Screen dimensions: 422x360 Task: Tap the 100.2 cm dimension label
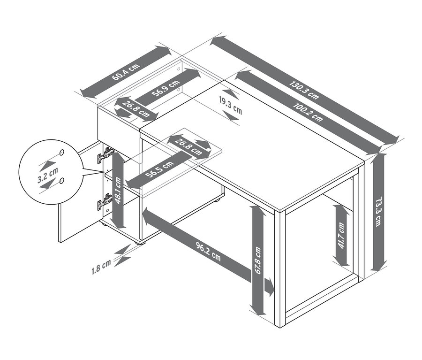click(308, 112)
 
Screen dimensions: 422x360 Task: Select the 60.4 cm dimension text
click(126, 72)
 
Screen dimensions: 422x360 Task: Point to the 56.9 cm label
click(166, 88)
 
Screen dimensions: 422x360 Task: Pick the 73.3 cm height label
click(378, 211)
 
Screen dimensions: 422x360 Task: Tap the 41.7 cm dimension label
click(341, 235)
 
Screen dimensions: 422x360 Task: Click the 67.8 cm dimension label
click(258, 260)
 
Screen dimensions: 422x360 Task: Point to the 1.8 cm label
click(101, 266)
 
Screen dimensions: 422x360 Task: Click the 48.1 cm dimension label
click(118, 190)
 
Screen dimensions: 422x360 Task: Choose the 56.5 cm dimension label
click(159, 169)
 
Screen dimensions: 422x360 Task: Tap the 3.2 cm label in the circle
click(48, 175)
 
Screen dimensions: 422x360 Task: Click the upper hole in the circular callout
click(61, 153)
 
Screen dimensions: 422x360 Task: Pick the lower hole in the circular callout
click(62, 180)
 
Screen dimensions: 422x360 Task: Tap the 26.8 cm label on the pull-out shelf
click(188, 147)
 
